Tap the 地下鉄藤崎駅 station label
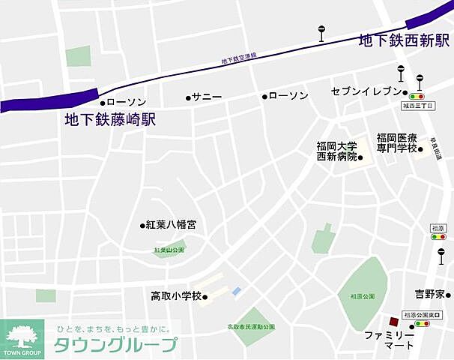pyautogui.click(x=110, y=119)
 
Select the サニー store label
pyautogui.click(x=207, y=97)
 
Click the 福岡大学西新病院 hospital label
pyautogui.click(x=336, y=151)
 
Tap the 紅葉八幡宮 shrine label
pyautogui.click(x=172, y=224)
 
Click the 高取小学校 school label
pyautogui.click(x=176, y=296)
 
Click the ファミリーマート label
pyautogui.click(x=389, y=340)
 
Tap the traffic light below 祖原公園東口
pyautogui.click(x=421, y=325)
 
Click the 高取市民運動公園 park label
pyautogui.click(x=251, y=327)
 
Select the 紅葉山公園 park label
pyautogui.click(x=169, y=250)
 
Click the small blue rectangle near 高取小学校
pyautogui.click(x=237, y=290)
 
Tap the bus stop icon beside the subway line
pyautogui.click(x=321, y=33)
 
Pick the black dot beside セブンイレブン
pyautogui.click(x=405, y=93)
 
